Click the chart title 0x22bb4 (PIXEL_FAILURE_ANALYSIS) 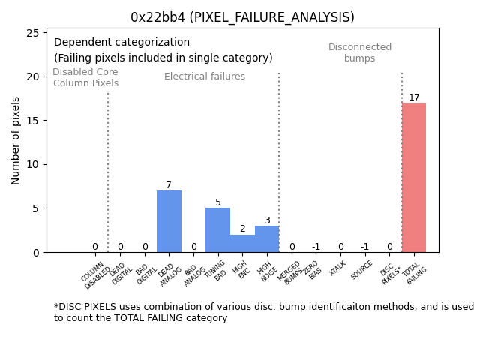242,17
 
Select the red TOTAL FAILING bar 413,177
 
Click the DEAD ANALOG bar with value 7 169,221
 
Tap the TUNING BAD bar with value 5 217,229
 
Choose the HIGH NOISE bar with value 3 267,238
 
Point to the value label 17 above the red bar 414,97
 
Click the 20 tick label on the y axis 33,76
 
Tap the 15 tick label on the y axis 33,121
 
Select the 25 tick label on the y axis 33,33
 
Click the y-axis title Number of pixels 16,140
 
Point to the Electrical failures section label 205,76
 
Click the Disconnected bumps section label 360,53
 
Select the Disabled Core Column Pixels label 85,78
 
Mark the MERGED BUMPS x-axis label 291,272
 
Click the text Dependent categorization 121,43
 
